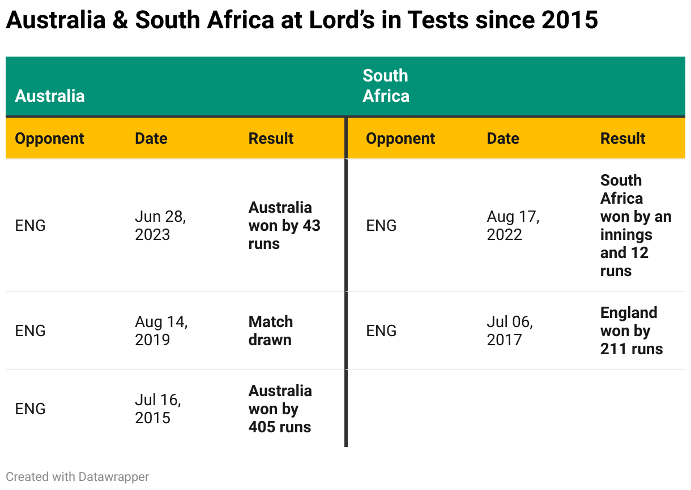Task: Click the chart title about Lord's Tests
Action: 301,20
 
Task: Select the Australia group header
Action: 50,96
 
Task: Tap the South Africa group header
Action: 386,86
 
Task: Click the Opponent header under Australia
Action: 49,139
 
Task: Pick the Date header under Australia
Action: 151,139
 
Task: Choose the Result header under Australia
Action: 271,139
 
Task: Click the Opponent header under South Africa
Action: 400,139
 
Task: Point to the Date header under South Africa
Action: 503,139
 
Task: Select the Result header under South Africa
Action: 622,139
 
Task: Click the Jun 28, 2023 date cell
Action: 160,225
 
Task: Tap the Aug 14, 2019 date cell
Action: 161,330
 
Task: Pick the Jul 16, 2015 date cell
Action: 157,409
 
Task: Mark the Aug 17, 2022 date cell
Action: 513,225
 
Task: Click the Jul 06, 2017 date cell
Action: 509,330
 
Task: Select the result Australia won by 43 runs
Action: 284,225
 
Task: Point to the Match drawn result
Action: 271,330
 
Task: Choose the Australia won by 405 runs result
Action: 280,409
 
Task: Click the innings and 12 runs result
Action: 635,225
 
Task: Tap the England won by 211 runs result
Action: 631,330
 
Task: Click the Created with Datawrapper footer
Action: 78,477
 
